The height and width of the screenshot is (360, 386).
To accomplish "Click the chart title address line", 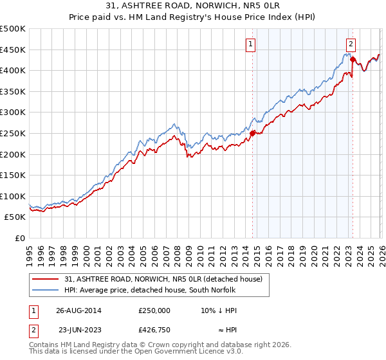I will click(193, 6).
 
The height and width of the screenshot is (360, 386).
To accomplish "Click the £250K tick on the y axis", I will click(13, 133).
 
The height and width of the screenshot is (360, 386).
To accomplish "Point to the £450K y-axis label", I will click(13, 50).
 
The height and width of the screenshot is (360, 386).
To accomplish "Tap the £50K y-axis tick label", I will click(15, 217).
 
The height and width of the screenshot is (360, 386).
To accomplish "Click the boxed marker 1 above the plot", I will click(250, 44).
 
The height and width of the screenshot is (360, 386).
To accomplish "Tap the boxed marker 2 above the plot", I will click(351, 44).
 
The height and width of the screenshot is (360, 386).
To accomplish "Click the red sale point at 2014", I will click(252, 134).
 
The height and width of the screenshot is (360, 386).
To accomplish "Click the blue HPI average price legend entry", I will click(150, 290).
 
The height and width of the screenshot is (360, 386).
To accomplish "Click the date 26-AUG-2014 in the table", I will click(79, 310).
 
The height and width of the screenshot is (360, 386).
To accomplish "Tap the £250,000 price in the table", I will click(154, 310).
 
